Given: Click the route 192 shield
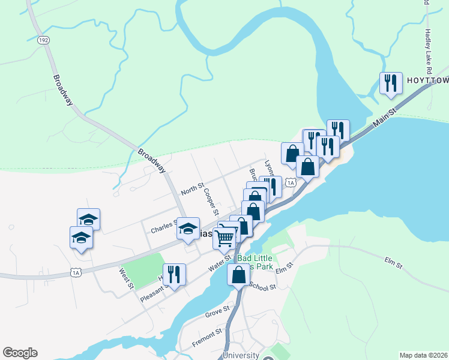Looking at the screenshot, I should [43, 40].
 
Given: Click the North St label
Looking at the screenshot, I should [193, 188].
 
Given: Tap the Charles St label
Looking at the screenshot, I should [163, 229].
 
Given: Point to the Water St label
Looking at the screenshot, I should [220, 262].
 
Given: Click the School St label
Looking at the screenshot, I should [262, 286].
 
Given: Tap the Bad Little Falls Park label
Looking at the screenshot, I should [255, 262].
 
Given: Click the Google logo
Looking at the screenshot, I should [20, 353].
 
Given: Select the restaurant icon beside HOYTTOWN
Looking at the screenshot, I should [390, 83].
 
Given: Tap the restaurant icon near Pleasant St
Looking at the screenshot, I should [173, 275].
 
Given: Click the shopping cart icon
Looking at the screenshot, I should [224, 238].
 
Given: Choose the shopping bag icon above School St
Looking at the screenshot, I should [238, 275].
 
